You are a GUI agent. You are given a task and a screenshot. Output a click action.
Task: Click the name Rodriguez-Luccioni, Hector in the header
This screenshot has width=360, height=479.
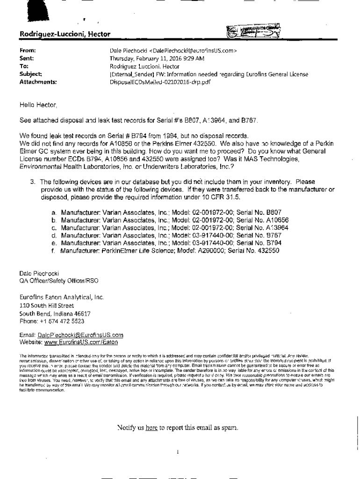[65, 34]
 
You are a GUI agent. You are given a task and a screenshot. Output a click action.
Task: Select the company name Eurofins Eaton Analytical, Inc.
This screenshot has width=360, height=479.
[61, 297]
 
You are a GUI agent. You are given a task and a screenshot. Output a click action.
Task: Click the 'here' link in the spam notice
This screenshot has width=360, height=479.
[151, 428]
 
